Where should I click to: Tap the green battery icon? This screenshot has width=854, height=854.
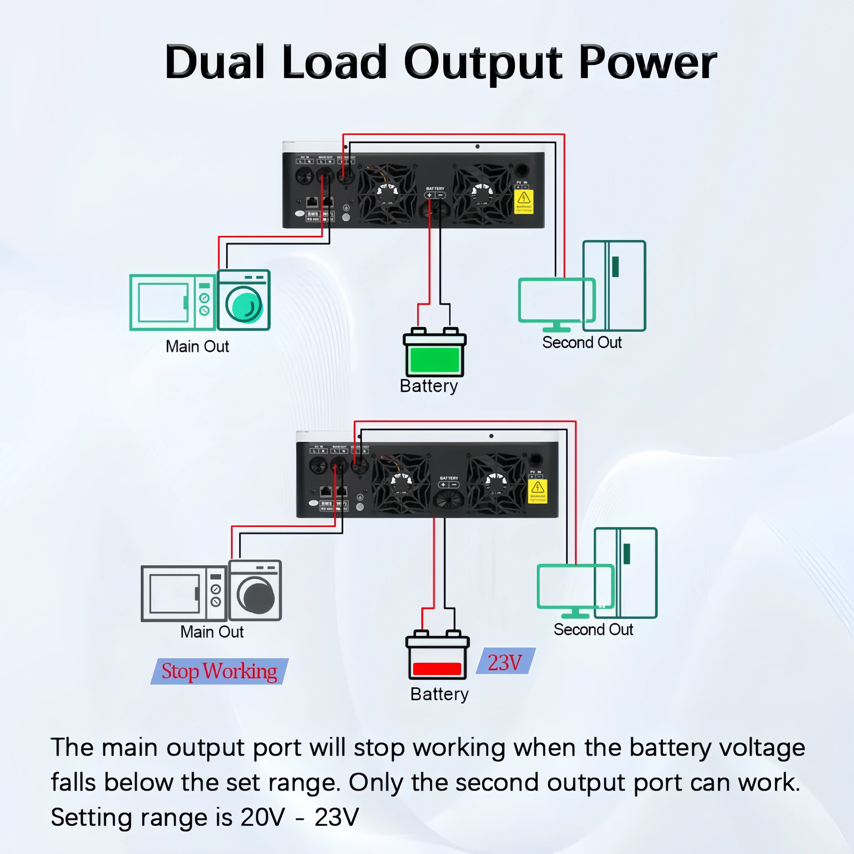pos(435,354)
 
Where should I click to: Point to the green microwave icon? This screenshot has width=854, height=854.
pos(172,302)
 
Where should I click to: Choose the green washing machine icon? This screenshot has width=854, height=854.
pos(244,300)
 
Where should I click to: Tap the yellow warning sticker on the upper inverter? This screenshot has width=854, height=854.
pos(524,202)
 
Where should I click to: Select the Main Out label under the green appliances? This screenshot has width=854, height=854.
pos(197,346)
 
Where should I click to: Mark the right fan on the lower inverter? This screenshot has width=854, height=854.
pos(496,483)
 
